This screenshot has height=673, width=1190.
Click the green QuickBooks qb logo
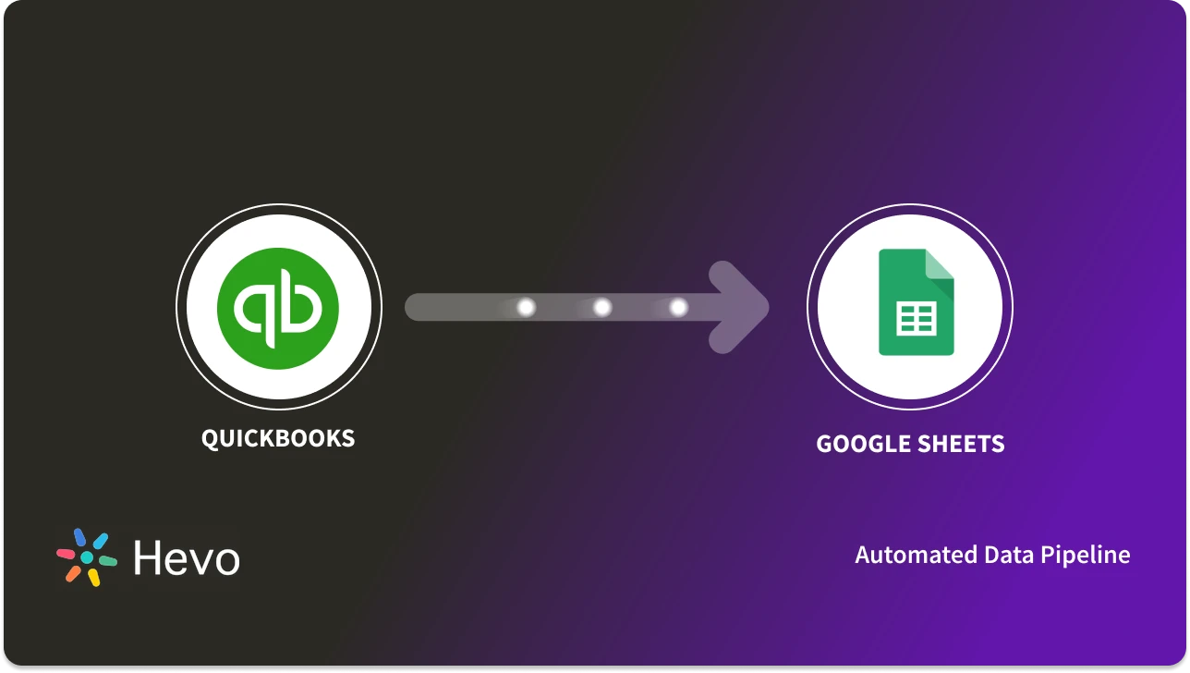point(278,308)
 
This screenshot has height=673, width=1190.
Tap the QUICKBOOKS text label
point(278,437)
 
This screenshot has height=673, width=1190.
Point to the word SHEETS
point(960,445)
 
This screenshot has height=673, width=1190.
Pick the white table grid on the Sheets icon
point(916,319)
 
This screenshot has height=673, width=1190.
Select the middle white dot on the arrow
point(602,307)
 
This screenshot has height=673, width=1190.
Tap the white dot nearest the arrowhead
point(678,307)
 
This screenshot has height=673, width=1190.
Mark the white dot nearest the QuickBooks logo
point(526,307)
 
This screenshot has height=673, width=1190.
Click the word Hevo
point(187,558)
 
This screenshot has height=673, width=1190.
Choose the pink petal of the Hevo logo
point(66,554)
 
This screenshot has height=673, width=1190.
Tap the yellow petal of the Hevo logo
point(93,578)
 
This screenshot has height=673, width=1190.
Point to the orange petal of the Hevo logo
point(73,574)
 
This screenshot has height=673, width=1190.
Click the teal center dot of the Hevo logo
point(87,557)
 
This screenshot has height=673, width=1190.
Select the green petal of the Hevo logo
point(107,560)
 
